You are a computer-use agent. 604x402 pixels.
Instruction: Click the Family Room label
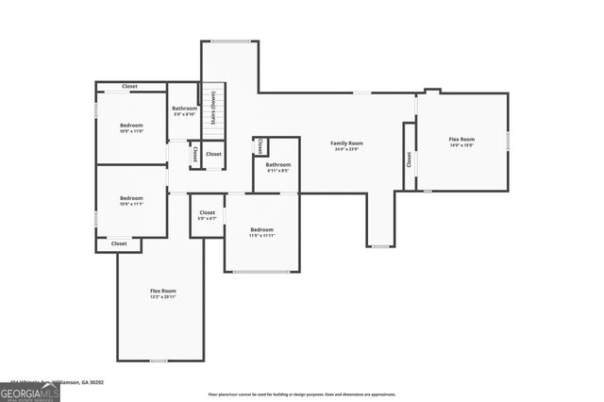tap(346, 143)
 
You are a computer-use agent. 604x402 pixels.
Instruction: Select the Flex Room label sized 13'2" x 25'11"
tap(163, 291)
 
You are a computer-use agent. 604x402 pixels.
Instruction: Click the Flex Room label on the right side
tap(461, 139)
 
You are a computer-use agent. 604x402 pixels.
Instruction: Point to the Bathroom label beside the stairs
tap(184, 109)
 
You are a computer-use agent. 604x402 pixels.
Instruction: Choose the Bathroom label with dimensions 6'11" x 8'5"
tap(277, 164)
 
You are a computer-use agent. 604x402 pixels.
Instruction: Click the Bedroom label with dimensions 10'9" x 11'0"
tap(131, 126)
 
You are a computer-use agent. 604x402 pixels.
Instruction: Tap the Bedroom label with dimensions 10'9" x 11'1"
tap(131, 199)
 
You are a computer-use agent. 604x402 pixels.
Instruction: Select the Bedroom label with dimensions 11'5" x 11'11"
tap(261, 230)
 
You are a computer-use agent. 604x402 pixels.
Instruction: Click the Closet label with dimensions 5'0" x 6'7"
tap(207, 213)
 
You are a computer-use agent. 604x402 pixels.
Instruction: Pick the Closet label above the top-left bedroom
tap(129, 86)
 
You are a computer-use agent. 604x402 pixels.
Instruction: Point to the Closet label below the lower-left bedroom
tap(119, 243)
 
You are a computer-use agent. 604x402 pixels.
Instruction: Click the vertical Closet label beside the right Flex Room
tap(410, 159)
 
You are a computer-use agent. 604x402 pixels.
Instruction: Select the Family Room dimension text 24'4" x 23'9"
tap(346, 149)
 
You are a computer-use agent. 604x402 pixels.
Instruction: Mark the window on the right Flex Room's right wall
tap(508, 140)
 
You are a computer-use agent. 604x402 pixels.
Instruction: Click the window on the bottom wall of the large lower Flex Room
tap(159, 360)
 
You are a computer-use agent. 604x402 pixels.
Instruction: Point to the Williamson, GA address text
tap(71, 382)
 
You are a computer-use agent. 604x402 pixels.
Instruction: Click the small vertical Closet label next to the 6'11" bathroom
tap(260, 146)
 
